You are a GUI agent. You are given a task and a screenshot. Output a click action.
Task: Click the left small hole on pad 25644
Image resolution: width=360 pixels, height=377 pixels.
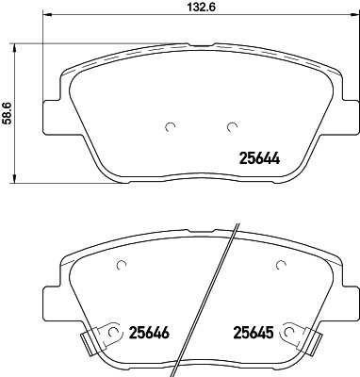tap(142, 128)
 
